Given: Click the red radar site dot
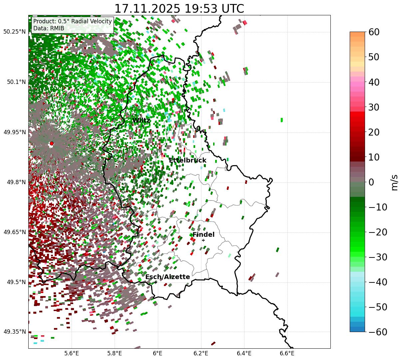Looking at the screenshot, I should [51, 144].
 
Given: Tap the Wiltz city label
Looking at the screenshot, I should [141, 121].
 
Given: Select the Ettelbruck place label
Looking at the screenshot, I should [187, 161].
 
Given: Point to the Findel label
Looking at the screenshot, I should [203, 235].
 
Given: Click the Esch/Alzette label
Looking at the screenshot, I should [168, 277].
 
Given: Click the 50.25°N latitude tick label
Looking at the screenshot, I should [14, 32].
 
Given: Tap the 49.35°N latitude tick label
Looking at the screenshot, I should [14, 332].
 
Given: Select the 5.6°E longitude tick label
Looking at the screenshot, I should [72, 353].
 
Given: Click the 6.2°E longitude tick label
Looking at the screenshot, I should [201, 353].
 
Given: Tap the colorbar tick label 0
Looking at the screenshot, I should [371, 182].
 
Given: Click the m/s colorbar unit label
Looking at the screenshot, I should [395, 182].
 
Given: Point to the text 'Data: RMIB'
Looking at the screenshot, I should [49, 28].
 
